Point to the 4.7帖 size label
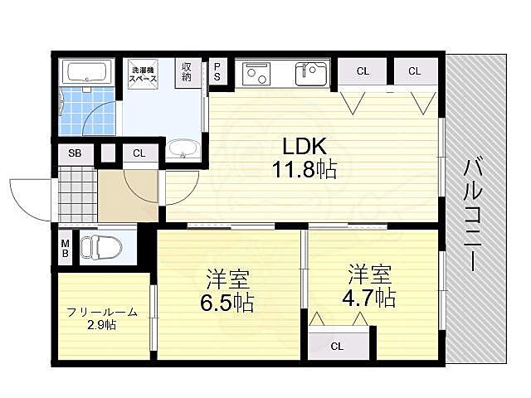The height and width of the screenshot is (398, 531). (370, 296)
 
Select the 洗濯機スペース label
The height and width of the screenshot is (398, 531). (144, 75)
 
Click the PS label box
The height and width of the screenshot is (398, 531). (217, 71)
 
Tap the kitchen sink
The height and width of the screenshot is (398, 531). (314, 75)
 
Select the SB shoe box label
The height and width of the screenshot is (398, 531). (74, 153)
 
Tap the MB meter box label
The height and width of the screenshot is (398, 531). (65, 248)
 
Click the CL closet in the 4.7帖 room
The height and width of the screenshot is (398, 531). (337, 346)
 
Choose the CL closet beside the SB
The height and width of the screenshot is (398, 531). (139, 153)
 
